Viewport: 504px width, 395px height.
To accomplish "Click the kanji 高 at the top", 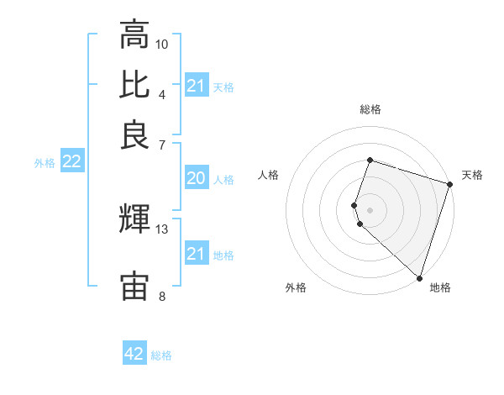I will (x=134, y=35).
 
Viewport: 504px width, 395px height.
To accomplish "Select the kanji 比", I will (x=134, y=85).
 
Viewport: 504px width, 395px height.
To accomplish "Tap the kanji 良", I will (x=134, y=134).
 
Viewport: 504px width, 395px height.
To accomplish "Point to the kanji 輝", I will (x=134, y=220).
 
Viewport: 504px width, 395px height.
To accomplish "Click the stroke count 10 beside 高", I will (x=162, y=44).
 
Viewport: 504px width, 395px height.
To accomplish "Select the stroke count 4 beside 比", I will (x=161, y=93).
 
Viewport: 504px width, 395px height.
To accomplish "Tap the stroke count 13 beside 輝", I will (x=162, y=229).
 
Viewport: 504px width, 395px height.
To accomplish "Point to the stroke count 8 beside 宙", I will (x=161, y=296).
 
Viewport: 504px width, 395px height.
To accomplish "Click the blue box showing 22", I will (x=71, y=162).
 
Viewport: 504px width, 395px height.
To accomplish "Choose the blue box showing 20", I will (x=196, y=178).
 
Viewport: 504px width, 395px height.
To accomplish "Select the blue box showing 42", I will (x=134, y=354).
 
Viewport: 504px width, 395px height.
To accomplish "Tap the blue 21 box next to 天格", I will (x=196, y=86).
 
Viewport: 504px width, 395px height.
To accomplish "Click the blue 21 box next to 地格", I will (x=196, y=254).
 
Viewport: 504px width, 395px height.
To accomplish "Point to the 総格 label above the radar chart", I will (x=370, y=109).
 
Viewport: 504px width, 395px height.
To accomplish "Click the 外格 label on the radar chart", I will (x=296, y=287).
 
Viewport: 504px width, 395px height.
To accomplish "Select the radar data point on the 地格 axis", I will (x=419, y=276).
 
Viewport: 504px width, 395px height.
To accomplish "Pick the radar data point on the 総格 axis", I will (x=370, y=160).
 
